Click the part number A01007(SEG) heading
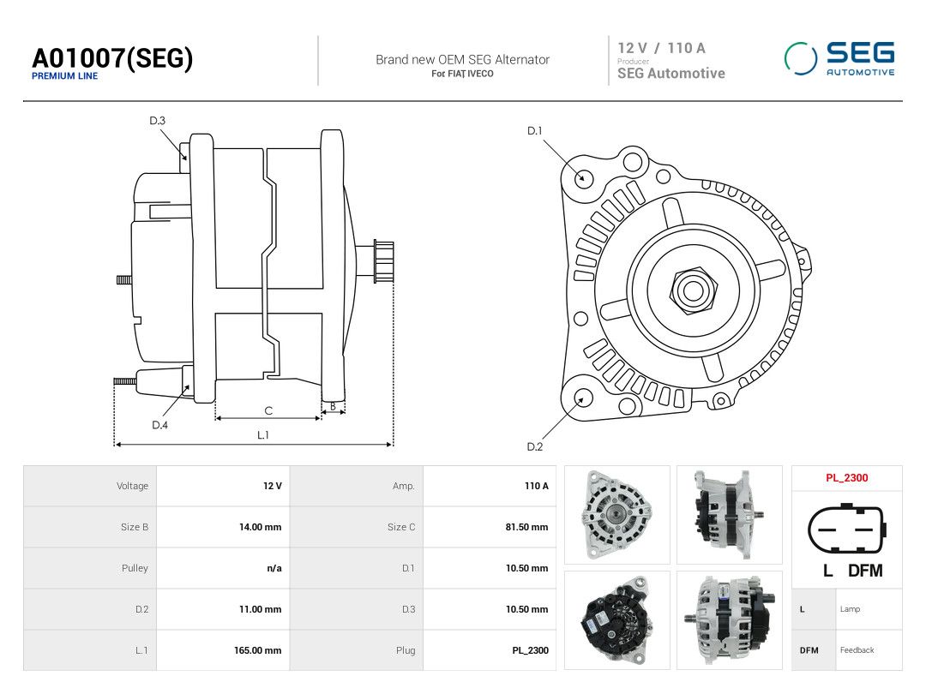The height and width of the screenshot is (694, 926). point(112,58)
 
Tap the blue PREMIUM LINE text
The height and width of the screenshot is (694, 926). point(65,76)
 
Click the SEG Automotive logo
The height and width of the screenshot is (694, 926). point(839,58)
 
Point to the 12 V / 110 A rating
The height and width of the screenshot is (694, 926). point(661,48)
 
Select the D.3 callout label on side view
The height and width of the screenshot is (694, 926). point(157,121)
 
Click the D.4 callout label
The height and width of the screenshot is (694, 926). point(160,425)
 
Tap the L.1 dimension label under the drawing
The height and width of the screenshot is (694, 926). point(263,435)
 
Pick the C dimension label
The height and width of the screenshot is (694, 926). point(268,410)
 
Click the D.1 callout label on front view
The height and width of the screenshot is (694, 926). point(534,130)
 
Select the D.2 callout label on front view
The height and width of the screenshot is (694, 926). point(535,446)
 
